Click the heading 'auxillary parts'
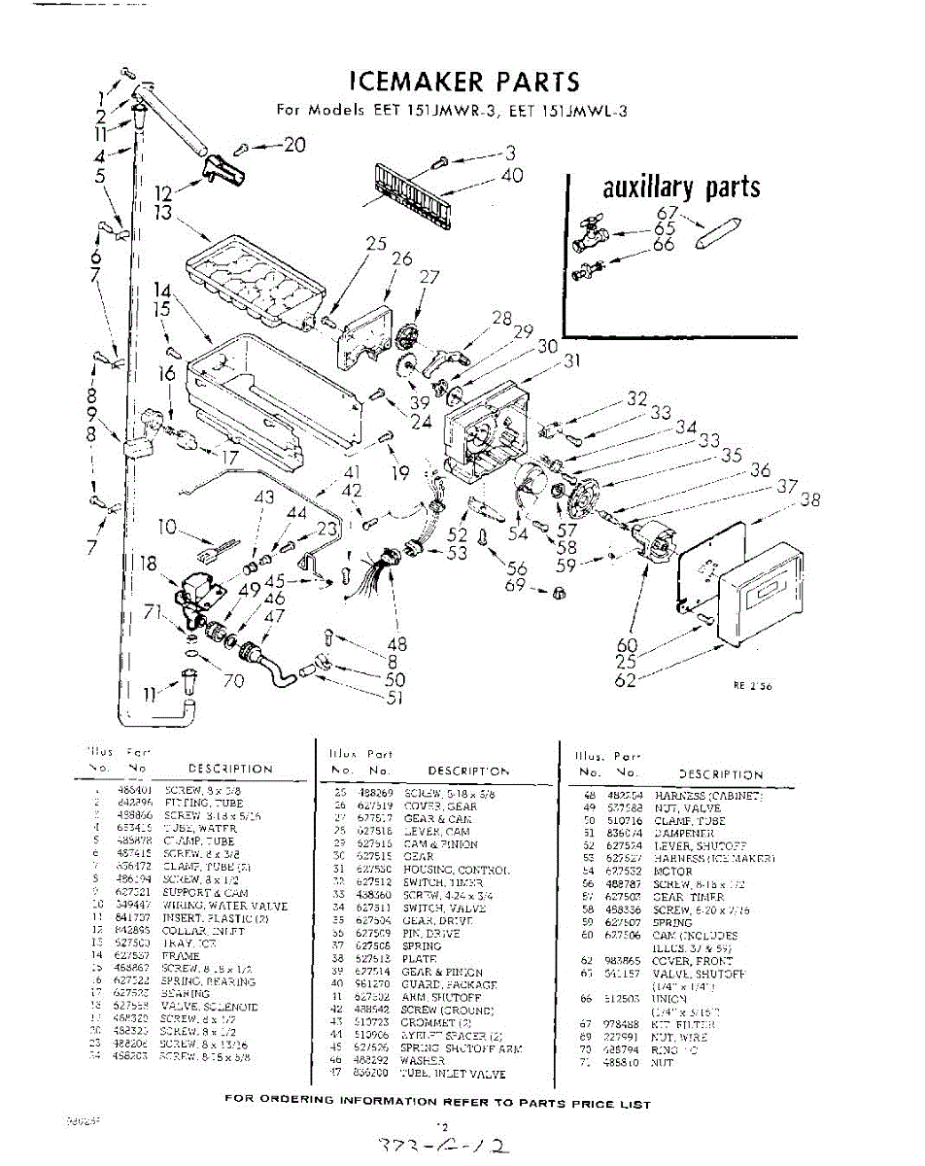[680, 187]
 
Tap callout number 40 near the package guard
[511, 175]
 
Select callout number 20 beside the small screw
[293, 145]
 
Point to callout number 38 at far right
[810, 499]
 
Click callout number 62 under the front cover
[626, 679]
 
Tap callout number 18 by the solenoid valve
[148, 563]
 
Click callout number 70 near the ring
[233, 681]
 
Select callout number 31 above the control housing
[571, 361]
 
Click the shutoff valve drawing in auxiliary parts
[591, 233]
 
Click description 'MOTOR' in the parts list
[673, 873]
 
